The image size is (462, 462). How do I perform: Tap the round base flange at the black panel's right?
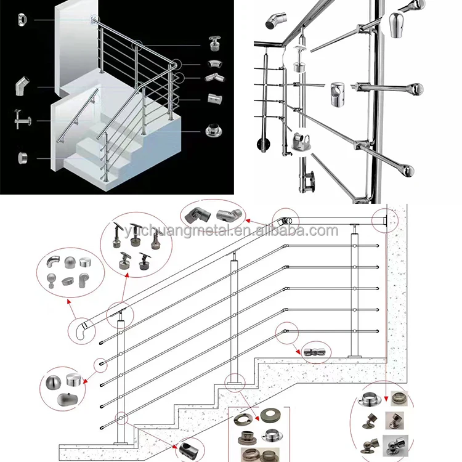pyautogui.click(x=212, y=131)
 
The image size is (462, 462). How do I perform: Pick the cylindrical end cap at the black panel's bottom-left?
pyautogui.click(x=23, y=158)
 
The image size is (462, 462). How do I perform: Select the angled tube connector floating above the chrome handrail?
pyautogui.click(x=272, y=23)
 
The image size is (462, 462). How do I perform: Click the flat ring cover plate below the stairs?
pyautogui.click(x=271, y=415)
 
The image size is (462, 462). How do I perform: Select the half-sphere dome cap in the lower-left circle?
pyautogui.click(x=53, y=383)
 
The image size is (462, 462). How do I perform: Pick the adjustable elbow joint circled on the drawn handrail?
pyautogui.click(x=285, y=220)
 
